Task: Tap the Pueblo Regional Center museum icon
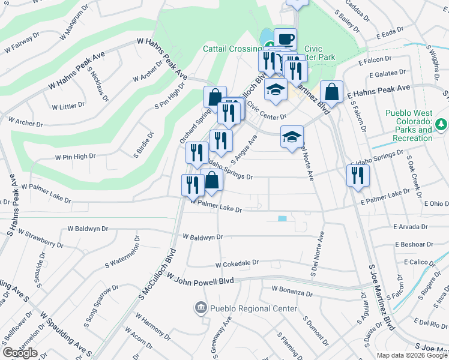point(200,308)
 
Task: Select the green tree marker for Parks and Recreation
point(442,124)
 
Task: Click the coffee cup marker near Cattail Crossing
point(286,39)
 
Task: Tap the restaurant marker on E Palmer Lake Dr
point(358,175)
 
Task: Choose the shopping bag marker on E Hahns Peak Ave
point(331,92)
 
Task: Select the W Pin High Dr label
point(76,157)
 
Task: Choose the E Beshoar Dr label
point(414,244)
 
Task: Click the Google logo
point(20,353)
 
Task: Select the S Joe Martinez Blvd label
point(381,297)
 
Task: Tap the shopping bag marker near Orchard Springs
point(215,97)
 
